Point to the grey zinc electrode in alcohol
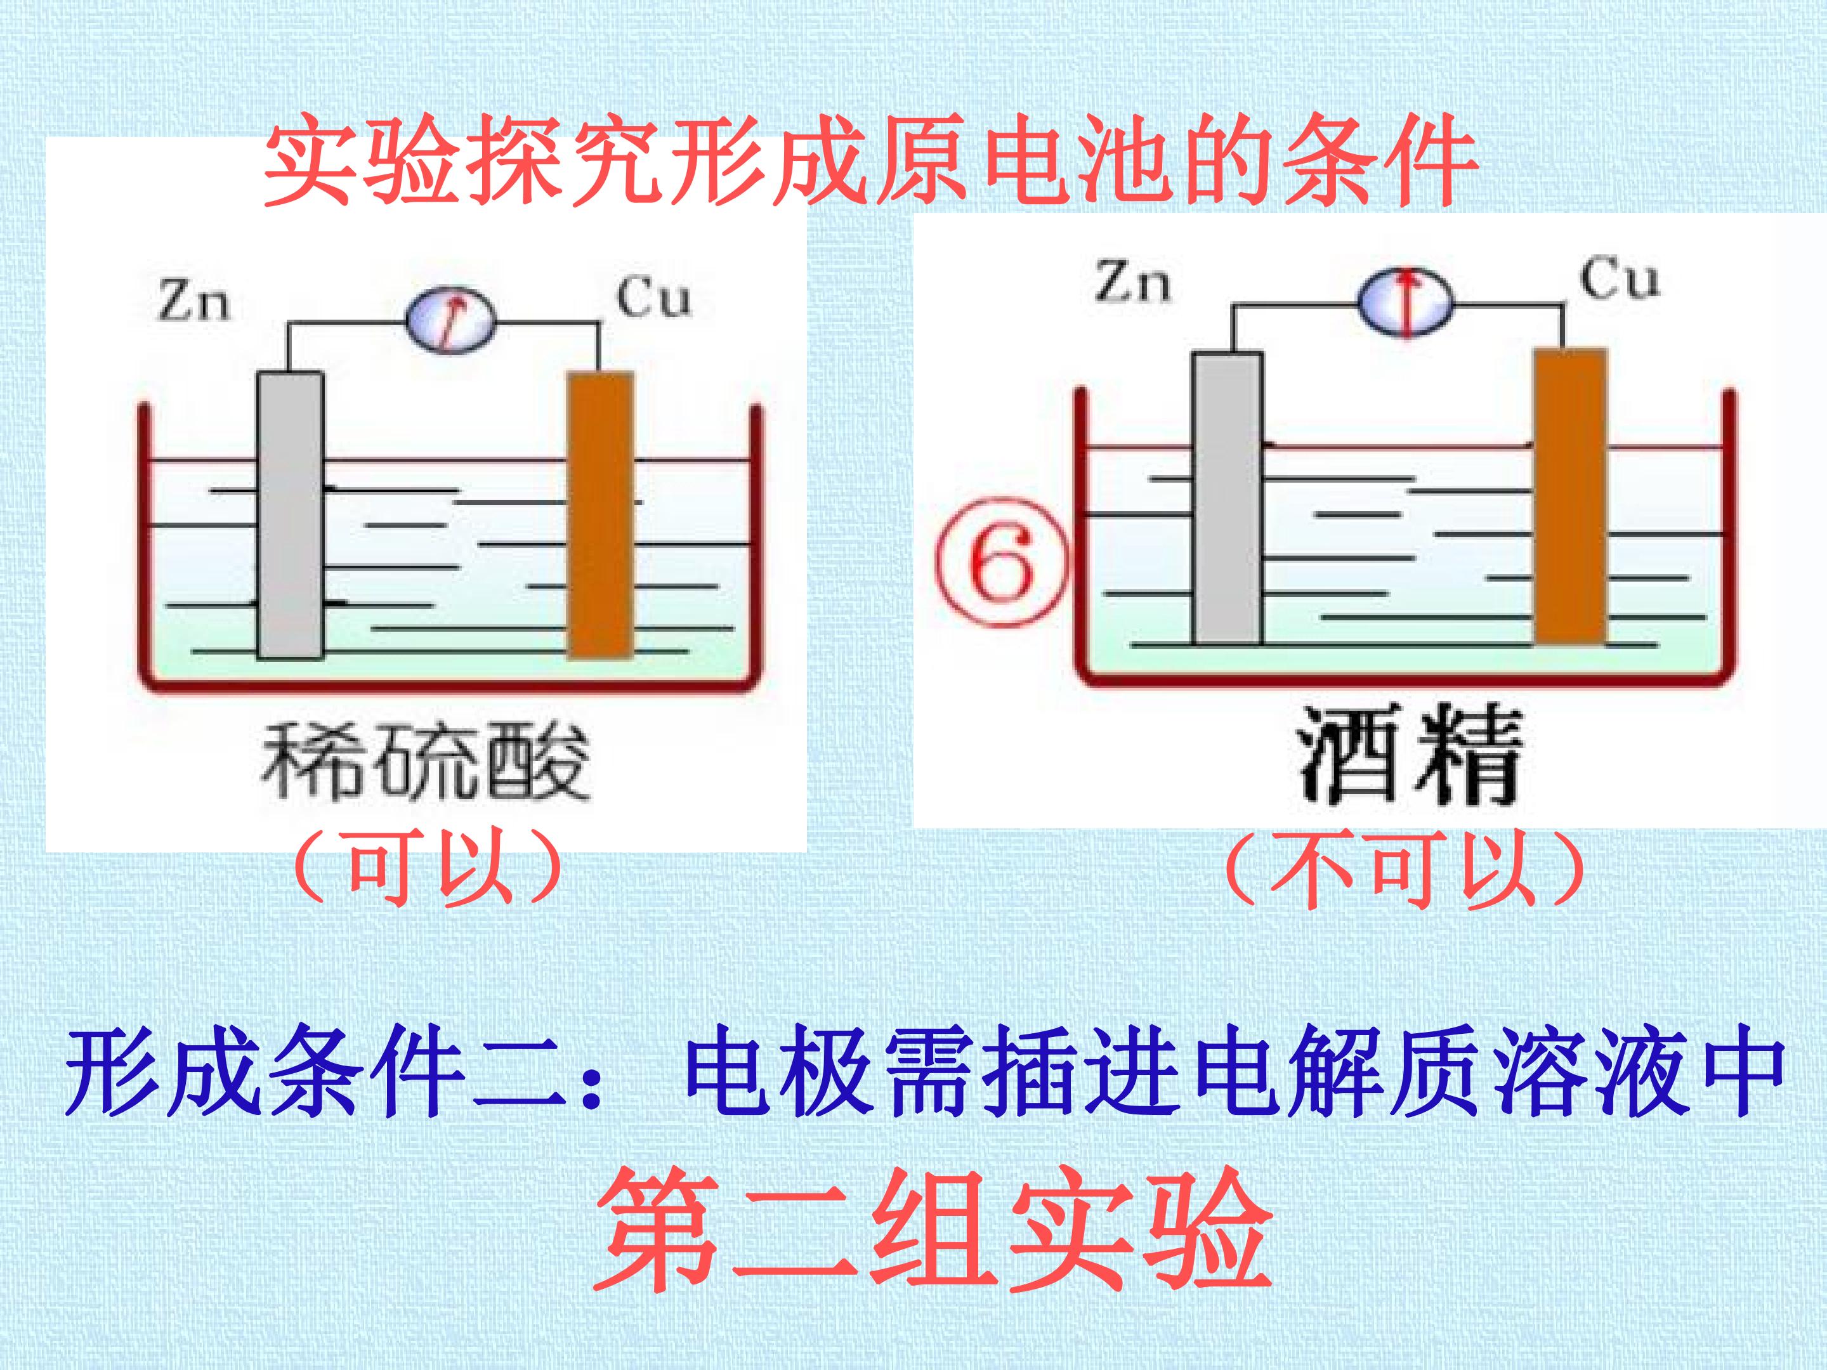1228,498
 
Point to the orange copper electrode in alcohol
1570,495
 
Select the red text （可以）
428,870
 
